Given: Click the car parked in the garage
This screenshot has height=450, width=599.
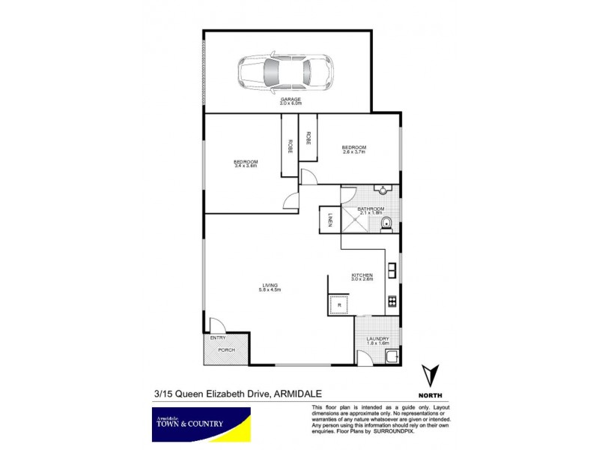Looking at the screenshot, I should coord(285,72).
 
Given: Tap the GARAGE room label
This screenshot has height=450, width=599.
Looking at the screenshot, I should coord(291,101).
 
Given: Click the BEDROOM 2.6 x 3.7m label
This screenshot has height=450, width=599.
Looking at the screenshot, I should coord(353,149).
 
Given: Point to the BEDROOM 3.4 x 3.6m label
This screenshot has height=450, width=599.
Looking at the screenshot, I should coord(245,164).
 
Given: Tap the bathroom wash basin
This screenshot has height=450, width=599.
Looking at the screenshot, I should coord(383,190).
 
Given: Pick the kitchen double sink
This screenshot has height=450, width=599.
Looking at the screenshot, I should coord(392,268).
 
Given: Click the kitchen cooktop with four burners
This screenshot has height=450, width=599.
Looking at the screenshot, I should coord(392,302).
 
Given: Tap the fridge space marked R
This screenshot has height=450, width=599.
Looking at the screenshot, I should coord(339,304).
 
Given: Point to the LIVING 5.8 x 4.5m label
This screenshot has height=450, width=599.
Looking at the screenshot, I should coord(270,287).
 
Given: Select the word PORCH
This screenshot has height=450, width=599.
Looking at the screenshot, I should coord(225,350).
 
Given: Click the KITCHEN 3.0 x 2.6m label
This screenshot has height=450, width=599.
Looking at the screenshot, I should coord(362,277).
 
